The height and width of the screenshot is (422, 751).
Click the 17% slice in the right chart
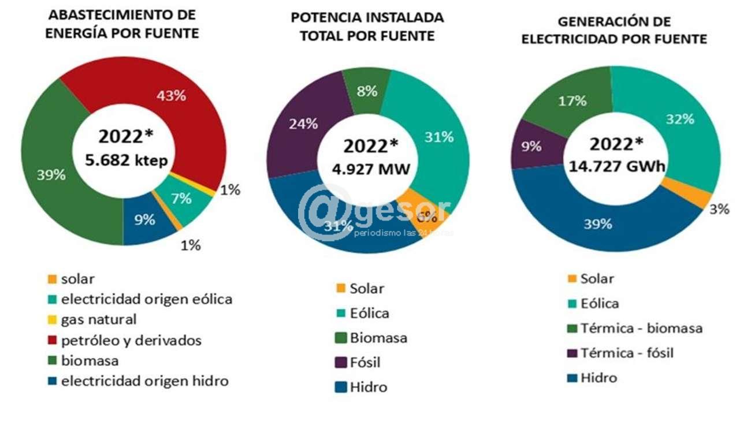572,100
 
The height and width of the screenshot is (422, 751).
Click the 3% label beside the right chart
719,209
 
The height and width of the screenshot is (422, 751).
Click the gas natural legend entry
99,319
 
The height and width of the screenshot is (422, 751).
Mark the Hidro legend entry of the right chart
598,378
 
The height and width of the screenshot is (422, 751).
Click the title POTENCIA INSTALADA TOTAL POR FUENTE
367,27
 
